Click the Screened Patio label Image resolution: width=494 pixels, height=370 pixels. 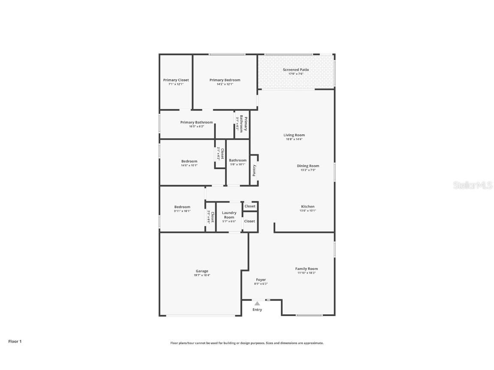click(x=295, y=70)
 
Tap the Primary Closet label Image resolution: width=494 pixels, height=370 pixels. click(x=176, y=80)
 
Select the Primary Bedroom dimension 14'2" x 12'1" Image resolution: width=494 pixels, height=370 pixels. click(x=225, y=84)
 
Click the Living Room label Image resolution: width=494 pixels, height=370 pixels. click(x=294, y=135)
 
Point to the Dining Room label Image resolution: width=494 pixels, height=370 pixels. click(x=308, y=166)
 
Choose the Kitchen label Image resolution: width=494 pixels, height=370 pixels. click(x=307, y=207)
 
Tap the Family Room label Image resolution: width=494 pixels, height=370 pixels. click(x=307, y=269)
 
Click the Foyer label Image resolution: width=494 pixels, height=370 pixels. click(x=261, y=280)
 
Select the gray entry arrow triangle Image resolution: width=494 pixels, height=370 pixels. click(x=257, y=304)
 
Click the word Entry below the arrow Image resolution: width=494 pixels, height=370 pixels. click(x=257, y=310)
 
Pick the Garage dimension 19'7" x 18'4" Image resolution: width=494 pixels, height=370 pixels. click(x=202, y=275)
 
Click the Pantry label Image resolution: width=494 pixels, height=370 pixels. click(x=254, y=170)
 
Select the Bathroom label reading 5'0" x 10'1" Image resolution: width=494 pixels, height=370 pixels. click(x=238, y=161)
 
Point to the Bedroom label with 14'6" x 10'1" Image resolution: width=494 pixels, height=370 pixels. click(x=189, y=161)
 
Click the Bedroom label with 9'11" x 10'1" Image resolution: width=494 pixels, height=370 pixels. click(x=182, y=207)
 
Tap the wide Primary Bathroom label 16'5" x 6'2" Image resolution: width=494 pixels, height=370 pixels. click(x=196, y=122)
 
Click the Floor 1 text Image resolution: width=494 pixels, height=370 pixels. click(x=15, y=341)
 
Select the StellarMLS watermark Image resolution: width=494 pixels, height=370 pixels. click(x=473, y=185)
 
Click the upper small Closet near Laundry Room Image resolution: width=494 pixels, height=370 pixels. click(x=250, y=206)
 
